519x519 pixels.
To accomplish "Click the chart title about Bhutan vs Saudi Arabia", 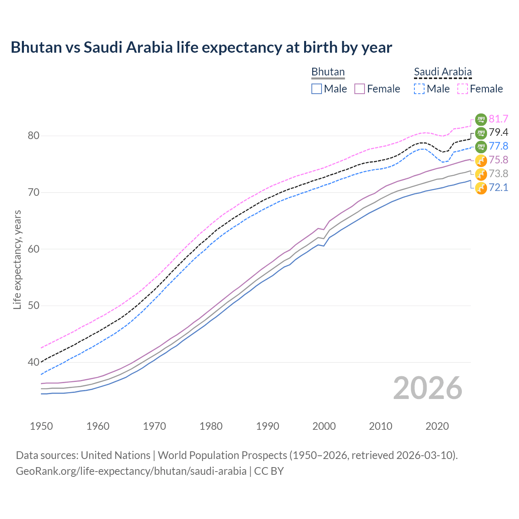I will (x=201, y=47).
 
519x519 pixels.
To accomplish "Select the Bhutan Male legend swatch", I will (x=317, y=89).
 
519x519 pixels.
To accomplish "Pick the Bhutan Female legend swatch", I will (x=360, y=89).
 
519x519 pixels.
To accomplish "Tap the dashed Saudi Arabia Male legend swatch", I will (x=419, y=89).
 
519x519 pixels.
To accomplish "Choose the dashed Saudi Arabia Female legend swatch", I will (x=462, y=89).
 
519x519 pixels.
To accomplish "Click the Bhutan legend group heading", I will (x=328, y=72).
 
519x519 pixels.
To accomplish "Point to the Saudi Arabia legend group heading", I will (x=443, y=72).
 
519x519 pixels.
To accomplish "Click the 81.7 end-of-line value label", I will (x=498, y=119).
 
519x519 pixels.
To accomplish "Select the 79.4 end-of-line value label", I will (x=498, y=133).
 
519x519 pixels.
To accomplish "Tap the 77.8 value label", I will (x=498, y=146).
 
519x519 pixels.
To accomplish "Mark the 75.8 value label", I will (x=498, y=160).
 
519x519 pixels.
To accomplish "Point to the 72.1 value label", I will (x=498, y=187).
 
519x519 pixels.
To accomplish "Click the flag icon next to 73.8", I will (x=481, y=174).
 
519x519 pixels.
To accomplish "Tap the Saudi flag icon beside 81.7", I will (x=481, y=119).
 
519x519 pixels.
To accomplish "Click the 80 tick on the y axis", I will (x=34, y=136).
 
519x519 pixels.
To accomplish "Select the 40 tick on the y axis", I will (x=34, y=362).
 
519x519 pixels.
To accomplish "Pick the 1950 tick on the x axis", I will (x=41, y=426).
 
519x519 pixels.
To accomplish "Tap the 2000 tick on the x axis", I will (x=324, y=426).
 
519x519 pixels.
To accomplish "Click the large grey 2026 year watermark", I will (x=428, y=388).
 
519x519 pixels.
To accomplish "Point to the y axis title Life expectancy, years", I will (x=17, y=259).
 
